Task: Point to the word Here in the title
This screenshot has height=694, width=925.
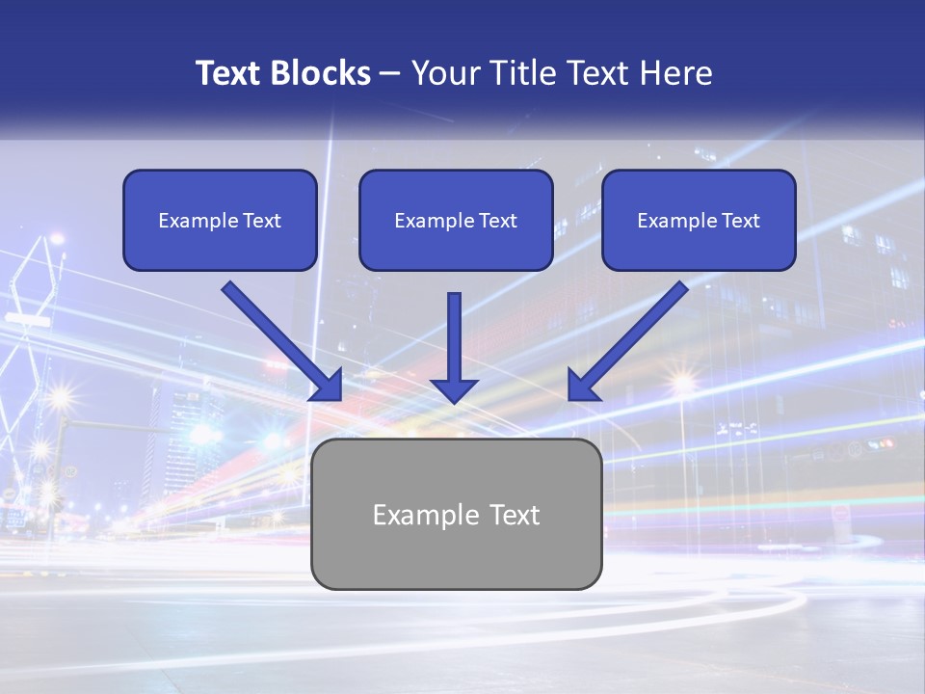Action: (x=678, y=73)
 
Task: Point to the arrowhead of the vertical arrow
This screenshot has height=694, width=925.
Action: (x=454, y=389)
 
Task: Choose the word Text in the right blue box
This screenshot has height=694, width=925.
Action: (x=740, y=221)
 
